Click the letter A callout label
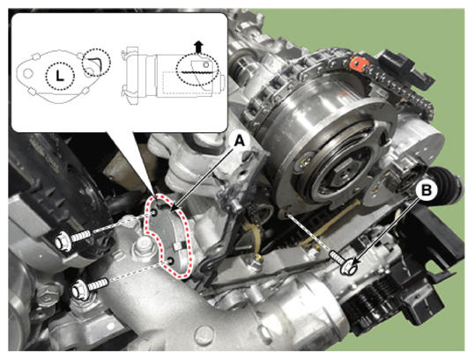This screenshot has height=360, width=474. [240, 141]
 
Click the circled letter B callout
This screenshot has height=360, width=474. [426, 190]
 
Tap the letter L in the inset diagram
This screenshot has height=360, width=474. [61, 76]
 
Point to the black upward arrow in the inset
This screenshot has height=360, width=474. [198, 47]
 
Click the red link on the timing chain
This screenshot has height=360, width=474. [359, 64]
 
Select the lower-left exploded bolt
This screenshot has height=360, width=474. [90, 287]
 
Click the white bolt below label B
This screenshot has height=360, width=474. [344, 263]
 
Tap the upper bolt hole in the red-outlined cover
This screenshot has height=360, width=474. [154, 213]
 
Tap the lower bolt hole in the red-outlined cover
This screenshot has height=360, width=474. [171, 261]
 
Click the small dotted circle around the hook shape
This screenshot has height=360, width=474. [97, 62]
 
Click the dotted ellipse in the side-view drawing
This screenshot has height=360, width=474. [197, 70]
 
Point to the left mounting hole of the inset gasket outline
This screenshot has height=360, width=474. [28, 73]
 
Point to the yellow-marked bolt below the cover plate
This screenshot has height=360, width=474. [256, 260]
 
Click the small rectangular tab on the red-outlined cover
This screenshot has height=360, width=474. [178, 246]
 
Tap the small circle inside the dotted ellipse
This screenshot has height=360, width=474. [205, 64]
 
